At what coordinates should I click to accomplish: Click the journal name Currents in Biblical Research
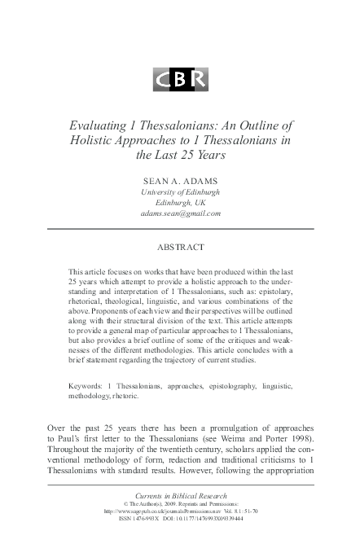179,496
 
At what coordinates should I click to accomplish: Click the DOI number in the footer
214,521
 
